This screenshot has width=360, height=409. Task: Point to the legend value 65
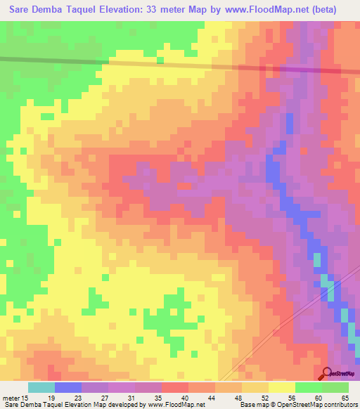[x=345, y=397]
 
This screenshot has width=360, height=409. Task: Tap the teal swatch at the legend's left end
[x=41, y=387]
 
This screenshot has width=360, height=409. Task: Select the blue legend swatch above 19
[x=68, y=387]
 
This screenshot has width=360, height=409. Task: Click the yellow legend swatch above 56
[x=282, y=387]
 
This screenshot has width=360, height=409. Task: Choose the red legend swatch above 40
[x=175, y=387]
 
